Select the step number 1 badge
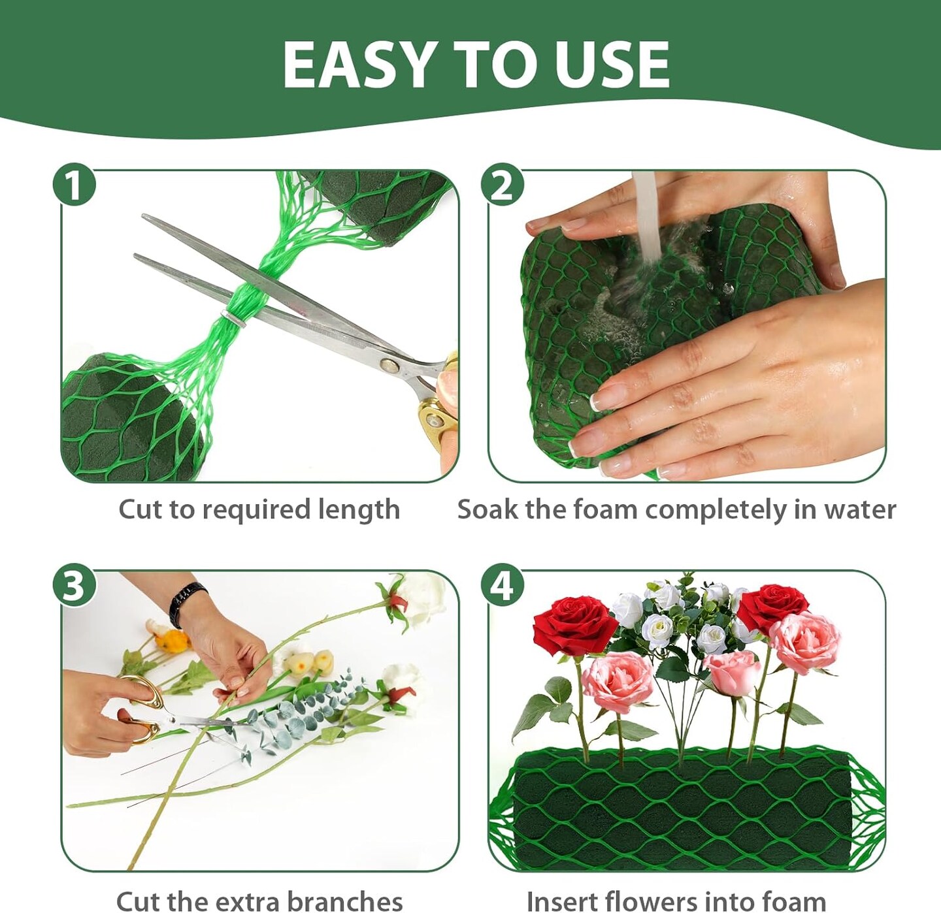tap(74, 185)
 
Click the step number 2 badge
tap(502, 185)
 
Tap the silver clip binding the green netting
tap(234, 318)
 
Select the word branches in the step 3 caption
tap(345, 888)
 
